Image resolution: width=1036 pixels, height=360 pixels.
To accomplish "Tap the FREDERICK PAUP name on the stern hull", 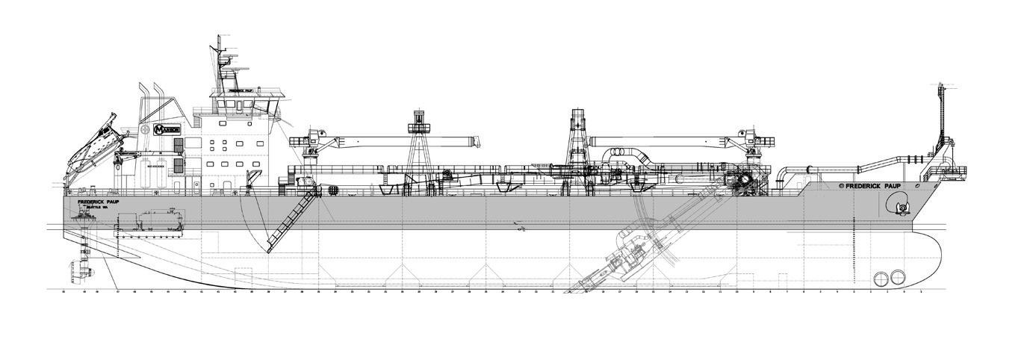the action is (x=98, y=202).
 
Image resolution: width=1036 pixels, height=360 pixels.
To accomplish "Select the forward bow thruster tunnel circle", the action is (x=898, y=278).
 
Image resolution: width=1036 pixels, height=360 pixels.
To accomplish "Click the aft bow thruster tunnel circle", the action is (x=881, y=279).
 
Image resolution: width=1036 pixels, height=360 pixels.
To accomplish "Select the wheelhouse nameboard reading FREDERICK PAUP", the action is (x=238, y=89).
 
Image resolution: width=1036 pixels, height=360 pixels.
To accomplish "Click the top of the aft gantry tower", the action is (x=419, y=120).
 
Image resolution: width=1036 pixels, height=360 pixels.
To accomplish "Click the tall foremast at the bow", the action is (x=940, y=112).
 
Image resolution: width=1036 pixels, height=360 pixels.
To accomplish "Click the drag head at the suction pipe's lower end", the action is (x=580, y=286).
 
